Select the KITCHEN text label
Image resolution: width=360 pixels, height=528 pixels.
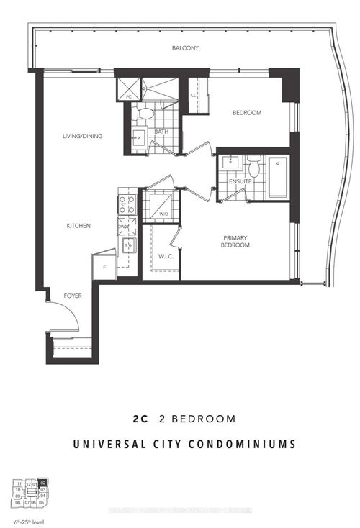[x=78, y=226]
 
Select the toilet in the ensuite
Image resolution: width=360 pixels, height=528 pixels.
[x=253, y=168]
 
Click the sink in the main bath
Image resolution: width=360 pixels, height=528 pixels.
[x=138, y=137]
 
